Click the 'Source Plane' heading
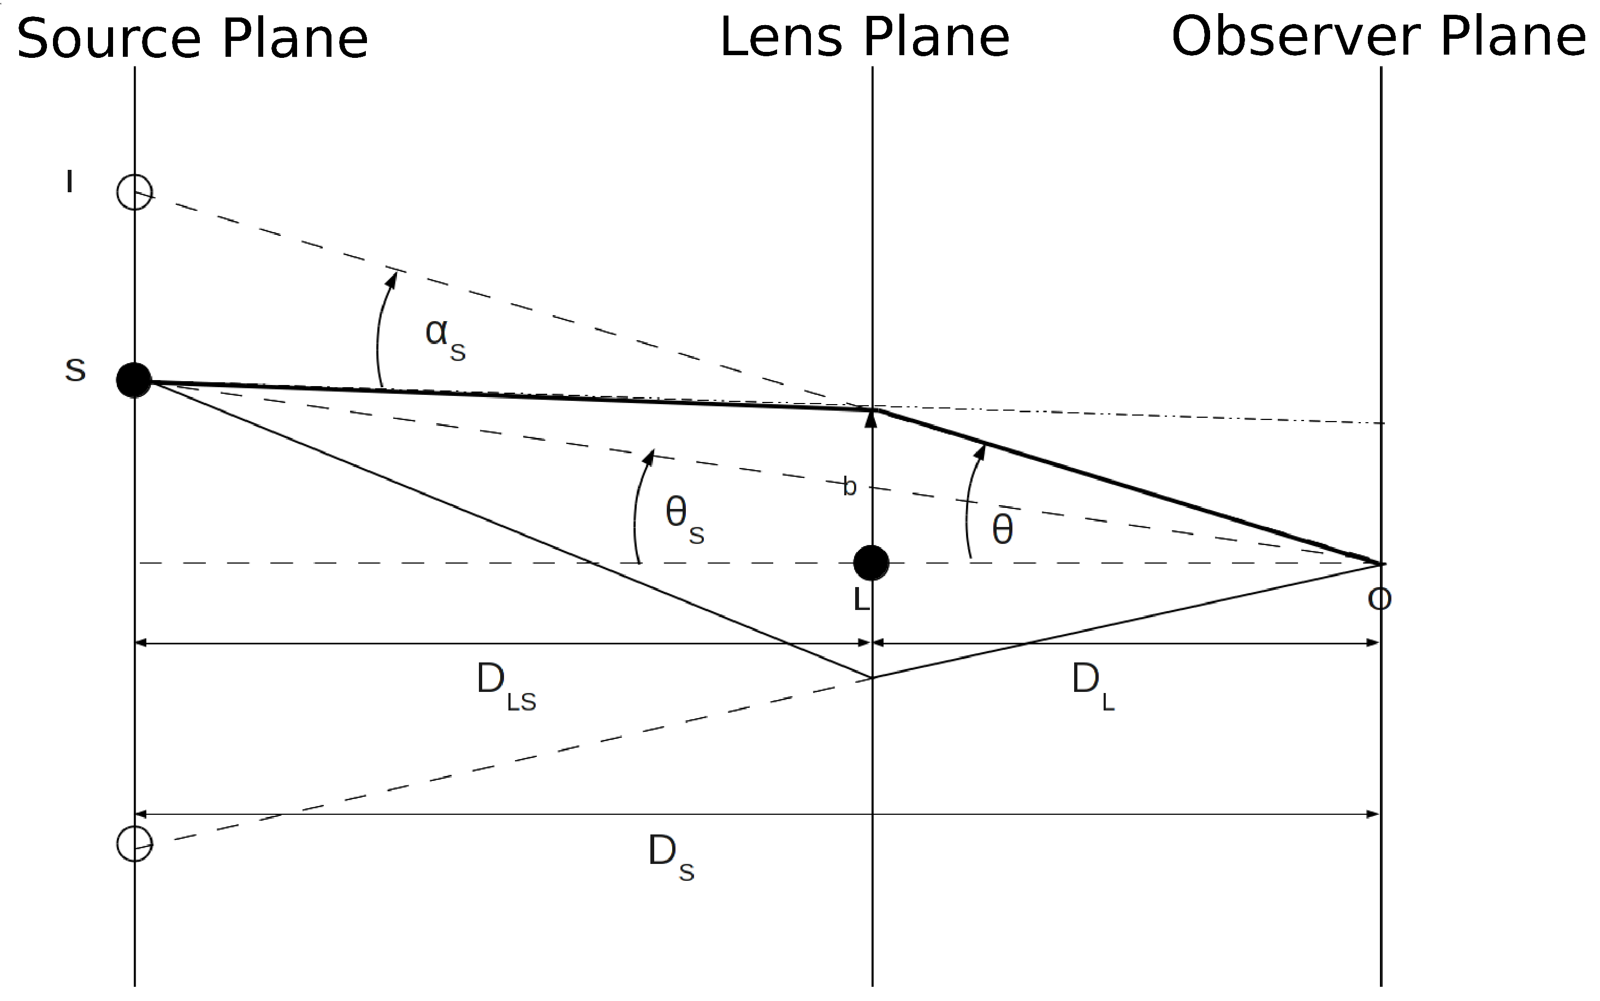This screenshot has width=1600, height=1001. (192, 40)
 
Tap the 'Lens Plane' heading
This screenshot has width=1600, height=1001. (864, 38)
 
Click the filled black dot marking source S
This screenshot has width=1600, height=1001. (134, 380)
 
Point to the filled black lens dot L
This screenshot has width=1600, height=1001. (871, 562)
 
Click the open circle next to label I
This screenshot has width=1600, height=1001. (134, 192)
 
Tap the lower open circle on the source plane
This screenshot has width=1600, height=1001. (134, 843)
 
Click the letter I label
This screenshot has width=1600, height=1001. (69, 181)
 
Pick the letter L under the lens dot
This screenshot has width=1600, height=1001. (861, 600)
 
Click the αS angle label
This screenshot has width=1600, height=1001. (445, 337)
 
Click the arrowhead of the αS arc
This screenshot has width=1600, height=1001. (392, 280)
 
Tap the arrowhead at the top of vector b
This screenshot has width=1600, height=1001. (871, 418)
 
